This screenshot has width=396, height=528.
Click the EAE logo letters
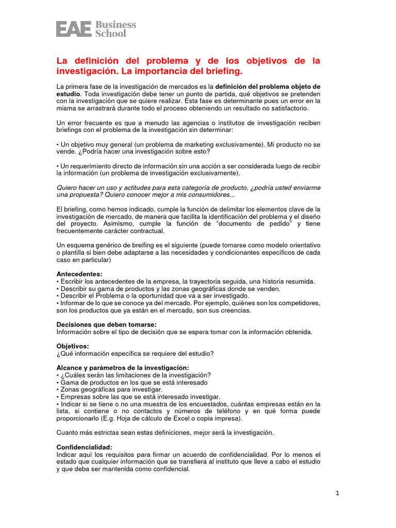[x=74, y=28]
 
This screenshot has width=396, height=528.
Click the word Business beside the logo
[x=116, y=24]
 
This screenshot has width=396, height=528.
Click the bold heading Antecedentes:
[x=79, y=274]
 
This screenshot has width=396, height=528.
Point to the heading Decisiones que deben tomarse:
[x=106, y=324]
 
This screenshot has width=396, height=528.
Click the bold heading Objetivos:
[x=73, y=346]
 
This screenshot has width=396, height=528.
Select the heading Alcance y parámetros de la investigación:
[x=123, y=367]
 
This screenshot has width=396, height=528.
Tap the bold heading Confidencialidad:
[x=84, y=447]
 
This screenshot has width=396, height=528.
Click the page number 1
[x=337, y=493]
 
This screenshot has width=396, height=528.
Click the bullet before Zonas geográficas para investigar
[x=58, y=390]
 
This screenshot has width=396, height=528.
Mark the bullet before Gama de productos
[x=58, y=383]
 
